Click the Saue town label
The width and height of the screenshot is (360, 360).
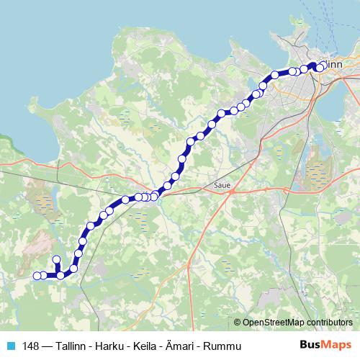pyautogui.click(x=222, y=185)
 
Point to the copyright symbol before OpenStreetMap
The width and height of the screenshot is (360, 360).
pyautogui.click(x=238, y=322)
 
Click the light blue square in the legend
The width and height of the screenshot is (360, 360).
pyautogui.click(x=10, y=346)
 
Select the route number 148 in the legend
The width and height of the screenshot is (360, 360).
pyautogui.click(x=31, y=346)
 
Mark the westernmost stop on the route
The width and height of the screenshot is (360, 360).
pyautogui.click(x=37, y=275)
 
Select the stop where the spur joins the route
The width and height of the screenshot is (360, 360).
pyautogui.click(x=60, y=274)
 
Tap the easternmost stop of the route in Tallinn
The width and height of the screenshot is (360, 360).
pyautogui.click(x=320, y=67)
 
